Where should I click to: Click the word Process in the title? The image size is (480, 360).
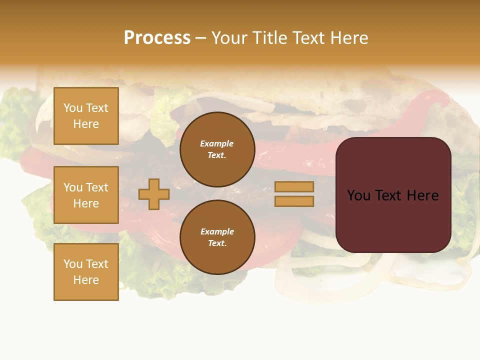pyautogui.click(x=157, y=38)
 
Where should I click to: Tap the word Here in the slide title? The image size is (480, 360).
pyautogui.click(x=348, y=38)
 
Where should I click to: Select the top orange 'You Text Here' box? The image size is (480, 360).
pyautogui.click(x=86, y=116)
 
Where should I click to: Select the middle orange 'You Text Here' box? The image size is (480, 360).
pyautogui.click(x=86, y=195)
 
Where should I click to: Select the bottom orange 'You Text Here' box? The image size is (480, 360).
pyautogui.click(x=86, y=272)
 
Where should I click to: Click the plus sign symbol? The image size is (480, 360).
pyautogui.click(x=154, y=194)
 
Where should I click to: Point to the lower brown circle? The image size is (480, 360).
pyautogui.click(x=217, y=237)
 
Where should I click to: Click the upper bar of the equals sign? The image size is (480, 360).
pyautogui.click(x=294, y=186)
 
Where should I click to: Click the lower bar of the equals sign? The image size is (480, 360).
pyautogui.click(x=294, y=201)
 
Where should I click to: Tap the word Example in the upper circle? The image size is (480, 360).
pyautogui.click(x=217, y=143)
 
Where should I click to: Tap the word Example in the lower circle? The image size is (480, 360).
pyautogui.click(x=217, y=231)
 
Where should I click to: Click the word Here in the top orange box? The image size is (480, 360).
pyautogui.click(x=86, y=124)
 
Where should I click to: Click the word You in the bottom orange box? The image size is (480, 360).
pyautogui.click(x=73, y=264)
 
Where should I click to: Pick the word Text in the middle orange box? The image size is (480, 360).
pyautogui.click(x=96, y=187)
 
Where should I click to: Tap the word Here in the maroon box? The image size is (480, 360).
pyautogui.click(x=422, y=195)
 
